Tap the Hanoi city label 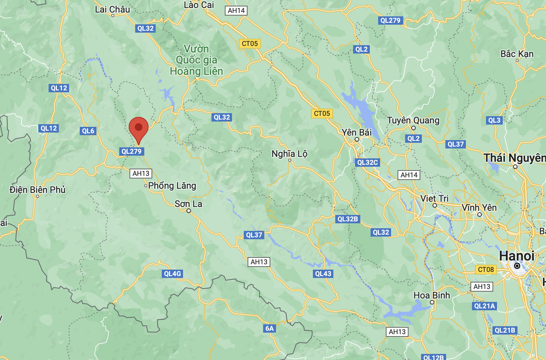pos(516,256)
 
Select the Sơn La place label pos(188,204)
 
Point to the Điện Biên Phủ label pos(38,189)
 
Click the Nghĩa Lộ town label pos(289,154)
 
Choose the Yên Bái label pos(357,133)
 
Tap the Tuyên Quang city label pos(413,121)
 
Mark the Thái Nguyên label pos(514,158)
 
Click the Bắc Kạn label pos(517,54)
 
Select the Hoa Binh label pos(432,295)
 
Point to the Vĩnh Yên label pos(479,208)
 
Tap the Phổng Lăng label pos(172,186)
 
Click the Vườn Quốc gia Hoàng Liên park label pos(196,60)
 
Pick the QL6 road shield pos(88,131)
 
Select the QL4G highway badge pos(172,274)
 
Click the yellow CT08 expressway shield pos(486,270)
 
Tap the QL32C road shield pos(368,163)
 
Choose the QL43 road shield pos(323,274)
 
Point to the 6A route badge pos(270,328)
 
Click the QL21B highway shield pos(505,330)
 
